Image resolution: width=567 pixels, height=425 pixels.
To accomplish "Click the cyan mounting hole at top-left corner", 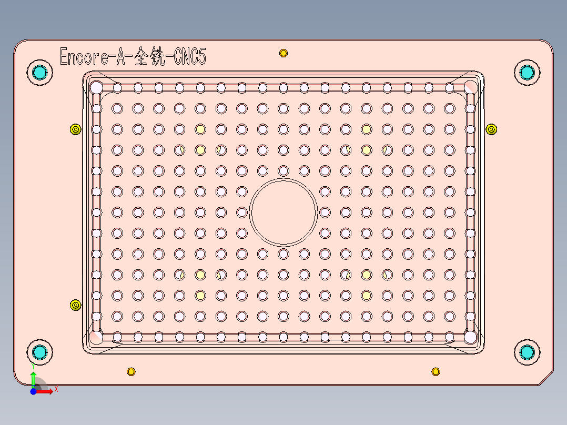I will pos(39,72).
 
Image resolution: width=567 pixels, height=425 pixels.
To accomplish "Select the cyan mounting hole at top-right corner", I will pos(526,72).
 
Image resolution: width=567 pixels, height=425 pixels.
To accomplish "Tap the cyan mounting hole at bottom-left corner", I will pos(39,352).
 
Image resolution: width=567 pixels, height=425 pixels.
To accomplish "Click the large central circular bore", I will pos(283,212).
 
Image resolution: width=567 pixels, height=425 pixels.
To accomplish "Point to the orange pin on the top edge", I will pos(283,53).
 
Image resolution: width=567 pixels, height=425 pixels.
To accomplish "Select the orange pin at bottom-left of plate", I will pos(131,372).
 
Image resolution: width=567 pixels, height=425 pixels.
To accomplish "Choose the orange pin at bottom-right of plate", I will pos(436,372).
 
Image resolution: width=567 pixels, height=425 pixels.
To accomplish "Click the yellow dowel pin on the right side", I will pos(491,129).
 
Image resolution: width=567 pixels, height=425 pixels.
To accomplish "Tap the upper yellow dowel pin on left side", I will pos(75,129).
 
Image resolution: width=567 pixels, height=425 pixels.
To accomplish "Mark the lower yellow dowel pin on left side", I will pos(75,305).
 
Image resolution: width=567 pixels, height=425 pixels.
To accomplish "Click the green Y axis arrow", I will pos(33,377).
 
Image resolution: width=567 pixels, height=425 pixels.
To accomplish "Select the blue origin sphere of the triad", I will pos(33,391).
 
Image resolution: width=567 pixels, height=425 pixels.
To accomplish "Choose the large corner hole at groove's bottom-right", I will pos(470,336).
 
